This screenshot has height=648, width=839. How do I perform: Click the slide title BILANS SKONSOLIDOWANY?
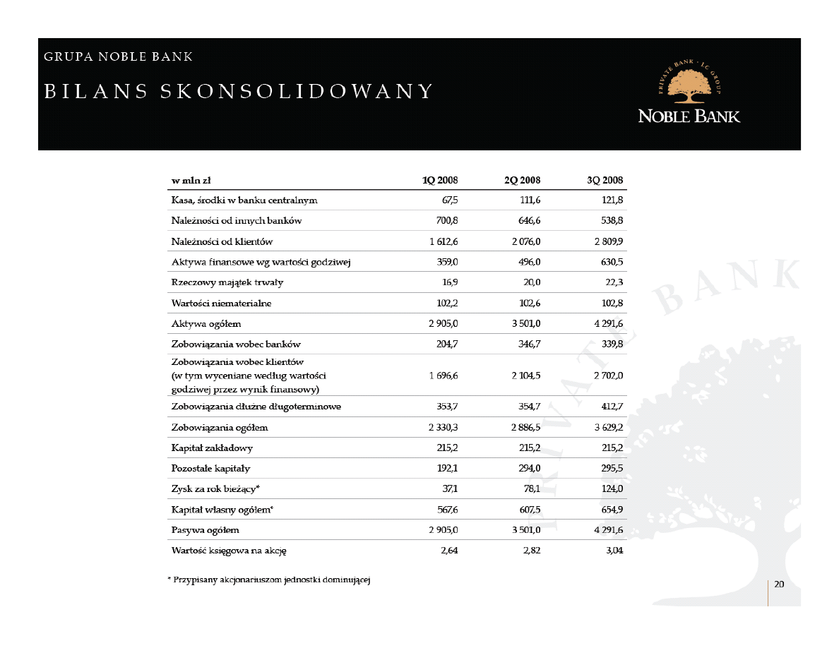(x=239, y=92)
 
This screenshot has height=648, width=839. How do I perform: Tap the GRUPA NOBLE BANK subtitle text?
(x=119, y=56)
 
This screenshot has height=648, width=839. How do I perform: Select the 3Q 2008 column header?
(x=605, y=180)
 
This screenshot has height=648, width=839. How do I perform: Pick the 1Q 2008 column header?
(x=440, y=180)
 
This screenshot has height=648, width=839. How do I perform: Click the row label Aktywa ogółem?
(x=206, y=324)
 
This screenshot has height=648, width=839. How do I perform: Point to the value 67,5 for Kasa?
(x=448, y=200)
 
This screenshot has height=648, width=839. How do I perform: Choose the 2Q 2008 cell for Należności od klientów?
(x=525, y=241)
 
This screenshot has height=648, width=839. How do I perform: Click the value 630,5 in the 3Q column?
(x=610, y=262)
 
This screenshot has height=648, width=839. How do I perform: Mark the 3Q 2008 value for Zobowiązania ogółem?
(x=607, y=428)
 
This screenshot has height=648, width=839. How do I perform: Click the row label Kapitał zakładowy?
(x=212, y=448)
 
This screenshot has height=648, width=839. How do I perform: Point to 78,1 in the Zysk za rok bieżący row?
(x=530, y=489)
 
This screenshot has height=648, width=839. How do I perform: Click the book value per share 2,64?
(x=448, y=551)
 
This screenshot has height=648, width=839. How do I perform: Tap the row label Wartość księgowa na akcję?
(x=229, y=551)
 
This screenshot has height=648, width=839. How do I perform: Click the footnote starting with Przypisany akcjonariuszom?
(x=270, y=580)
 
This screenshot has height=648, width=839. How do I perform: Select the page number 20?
(x=779, y=584)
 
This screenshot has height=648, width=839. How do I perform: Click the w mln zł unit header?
(x=186, y=180)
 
